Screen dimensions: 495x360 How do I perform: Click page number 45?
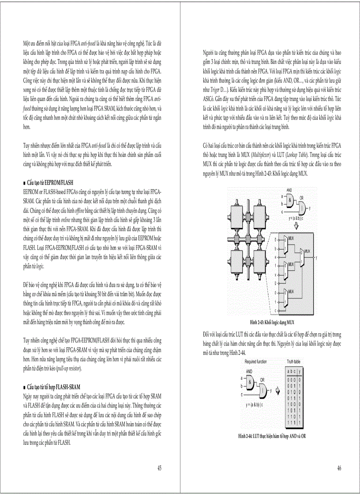coord(159,468)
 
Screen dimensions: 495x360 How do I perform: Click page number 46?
coord(339,468)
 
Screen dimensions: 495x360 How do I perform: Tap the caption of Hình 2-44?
coord(272,436)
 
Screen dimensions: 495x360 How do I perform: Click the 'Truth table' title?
coord(294,361)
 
